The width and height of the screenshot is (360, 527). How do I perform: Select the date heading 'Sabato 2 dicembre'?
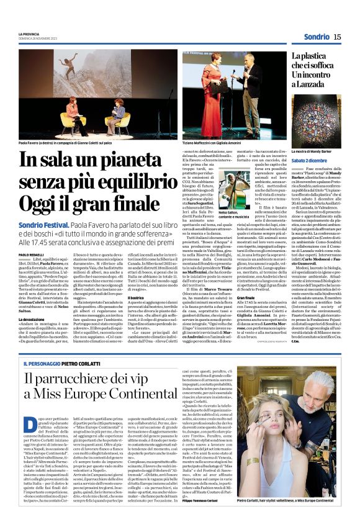click(311, 161)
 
